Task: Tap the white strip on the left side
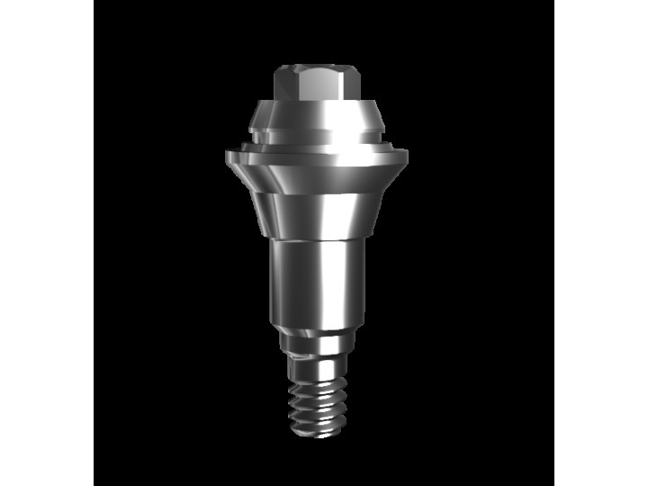pyautogui.click(x=47, y=243)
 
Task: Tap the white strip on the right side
pyautogui.click(x=600, y=243)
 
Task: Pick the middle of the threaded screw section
pyautogui.click(x=315, y=402)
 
